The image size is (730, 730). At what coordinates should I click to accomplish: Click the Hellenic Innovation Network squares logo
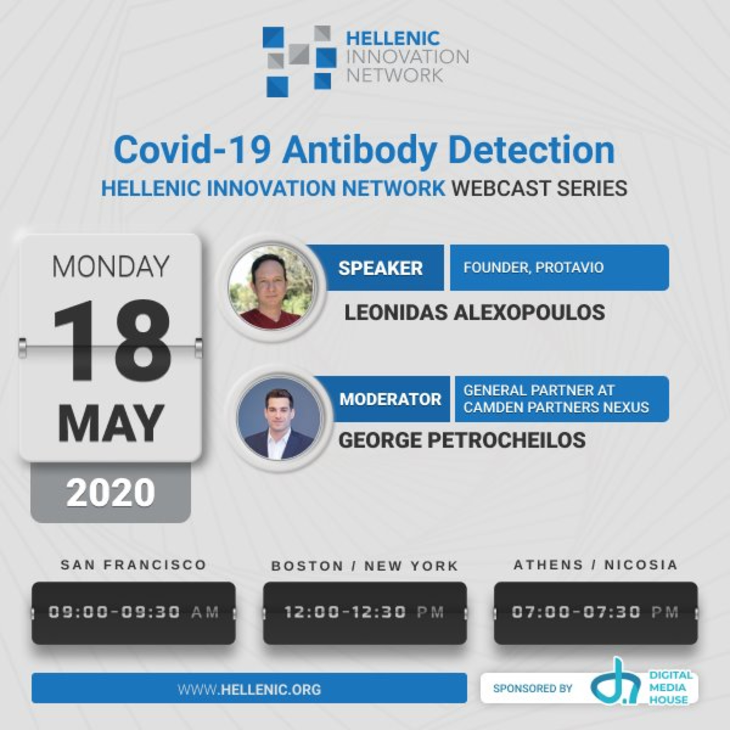click(299, 61)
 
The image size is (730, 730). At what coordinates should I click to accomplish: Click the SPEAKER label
click(381, 268)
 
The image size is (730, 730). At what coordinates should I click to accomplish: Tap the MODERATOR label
click(390, 399)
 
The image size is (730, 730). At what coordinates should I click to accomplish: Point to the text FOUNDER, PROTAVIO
click(534, 267)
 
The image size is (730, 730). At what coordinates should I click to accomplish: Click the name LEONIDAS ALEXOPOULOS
click(474, 312)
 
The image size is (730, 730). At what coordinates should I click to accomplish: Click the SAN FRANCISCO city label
click(133, 565)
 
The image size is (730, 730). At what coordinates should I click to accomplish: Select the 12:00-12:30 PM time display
click(365, 612)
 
